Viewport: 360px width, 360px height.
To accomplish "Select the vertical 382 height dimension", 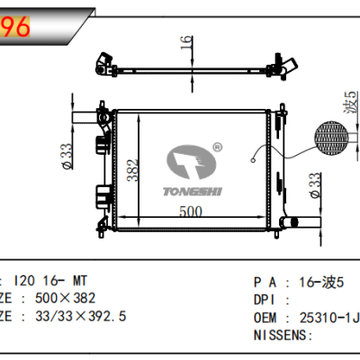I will click(x=132, y=168).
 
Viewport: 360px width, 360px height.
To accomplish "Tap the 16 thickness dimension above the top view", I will click(x=186, y=41).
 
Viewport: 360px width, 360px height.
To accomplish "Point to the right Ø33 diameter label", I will click(x=314, y=183).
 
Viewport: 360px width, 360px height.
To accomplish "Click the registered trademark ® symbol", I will click(x=216, y=145).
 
